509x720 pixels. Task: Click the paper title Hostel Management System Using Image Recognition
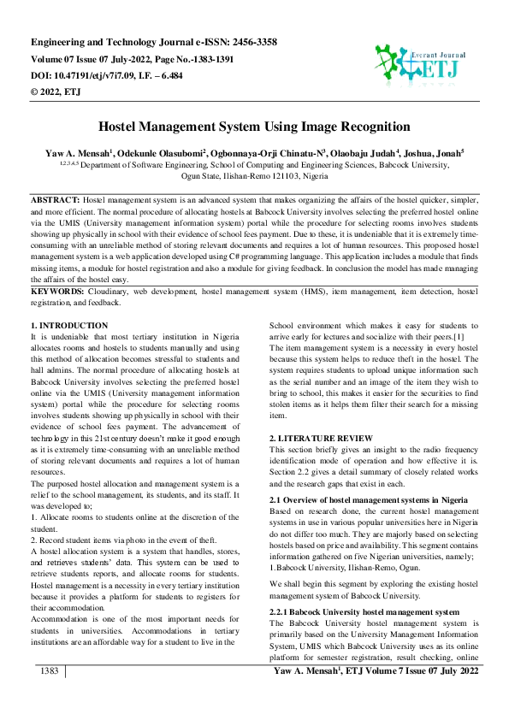[254, 127]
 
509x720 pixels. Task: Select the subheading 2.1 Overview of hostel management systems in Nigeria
[369, 499]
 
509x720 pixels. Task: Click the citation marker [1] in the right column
[459, 337]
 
